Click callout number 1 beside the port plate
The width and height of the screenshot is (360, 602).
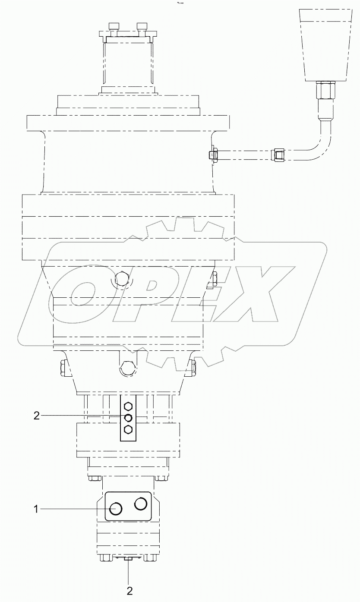pyautogui.click(x=37, y=509)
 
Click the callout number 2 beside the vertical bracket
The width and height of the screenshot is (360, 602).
pyautogui.click(x=37, y=416)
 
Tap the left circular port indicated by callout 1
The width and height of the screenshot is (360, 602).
pyautogui.click(x=115, y=509)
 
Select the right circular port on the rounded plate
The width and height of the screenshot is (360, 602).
pyautogui.click(x=141, y=504)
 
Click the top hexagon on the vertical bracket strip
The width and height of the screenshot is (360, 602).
pyautogui.click(x=128, y=406)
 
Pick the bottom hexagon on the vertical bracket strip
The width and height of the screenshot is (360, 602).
pyautogui.click(x=128, y=429)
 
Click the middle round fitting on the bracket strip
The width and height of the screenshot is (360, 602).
pyautogui.click(x=128, y=417)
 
